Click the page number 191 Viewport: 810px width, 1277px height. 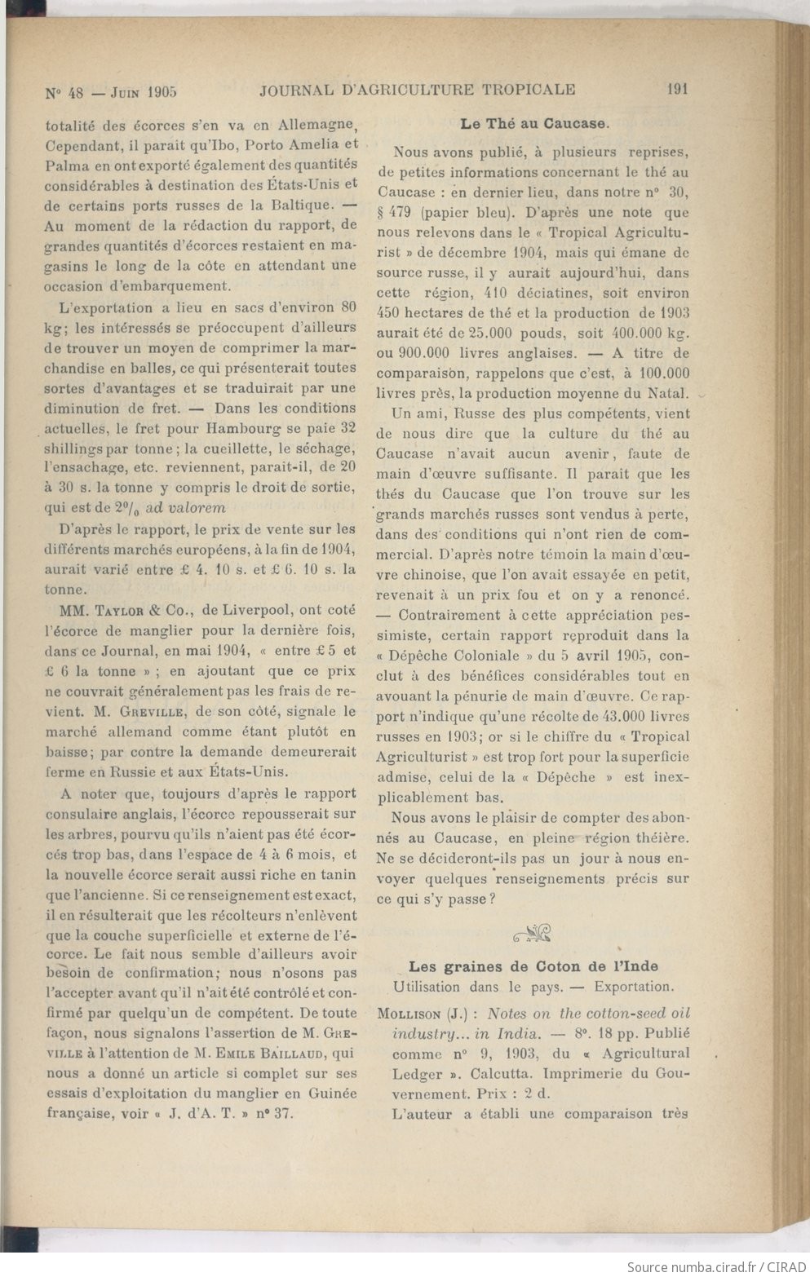677,90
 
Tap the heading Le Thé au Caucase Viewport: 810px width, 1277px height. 534,125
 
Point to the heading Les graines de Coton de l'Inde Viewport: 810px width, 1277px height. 533,966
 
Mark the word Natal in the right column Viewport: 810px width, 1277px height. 669,414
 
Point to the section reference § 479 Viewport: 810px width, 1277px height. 398,213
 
